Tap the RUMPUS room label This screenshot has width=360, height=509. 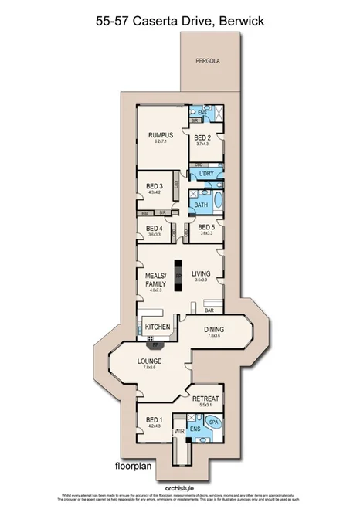(x=161, y=136)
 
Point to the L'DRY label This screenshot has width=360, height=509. (x=205, y=174)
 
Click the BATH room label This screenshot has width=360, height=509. (x=201, y=205)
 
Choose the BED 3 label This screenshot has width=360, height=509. (x=154, y=186)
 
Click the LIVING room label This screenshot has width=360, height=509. (x=202, y=273)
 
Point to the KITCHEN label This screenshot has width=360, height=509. (x=157, y=327)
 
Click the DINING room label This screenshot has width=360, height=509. (x=214, y=330)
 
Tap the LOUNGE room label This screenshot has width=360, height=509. (x=149, y=361)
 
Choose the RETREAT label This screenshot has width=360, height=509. (x=205, y=399)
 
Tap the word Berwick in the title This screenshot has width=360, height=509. (x=239, y=22)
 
